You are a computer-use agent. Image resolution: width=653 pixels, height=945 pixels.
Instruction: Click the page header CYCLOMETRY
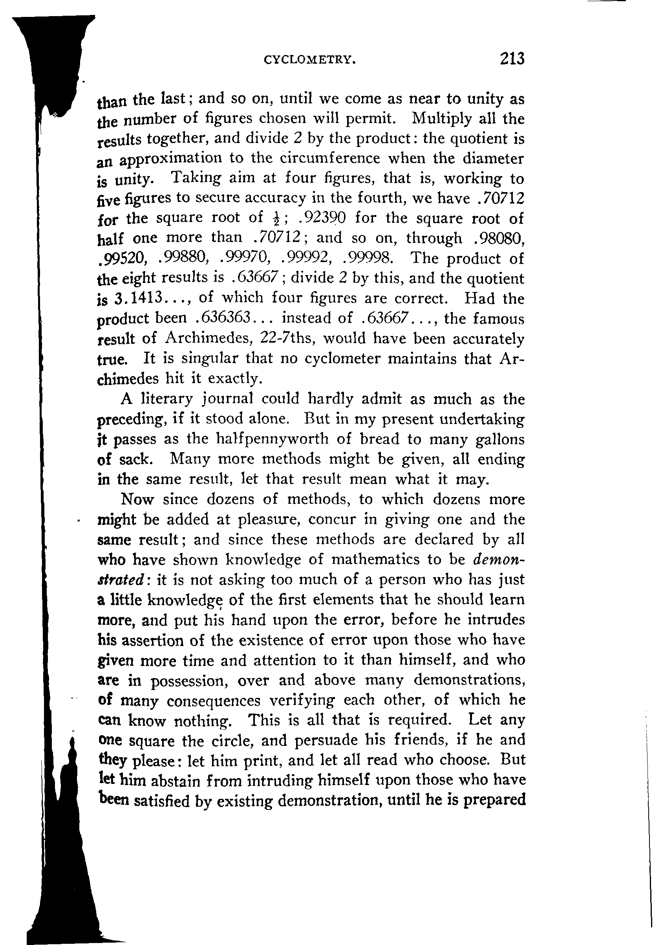309,60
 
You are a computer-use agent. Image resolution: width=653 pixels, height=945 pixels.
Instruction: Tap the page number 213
511,59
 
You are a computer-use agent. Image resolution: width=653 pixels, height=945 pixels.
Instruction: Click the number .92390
322,218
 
